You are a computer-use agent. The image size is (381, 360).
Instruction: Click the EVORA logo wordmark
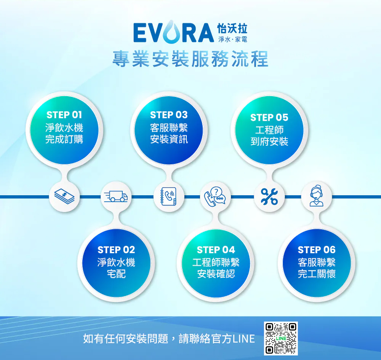pyautogui.click(x=173, y=33)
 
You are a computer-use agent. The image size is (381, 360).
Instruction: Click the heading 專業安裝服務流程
pyautogui.click(x=190, y=59)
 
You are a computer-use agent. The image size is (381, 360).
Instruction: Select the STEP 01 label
pyautogui.click(x=64, y=115)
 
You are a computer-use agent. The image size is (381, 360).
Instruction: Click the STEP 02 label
pyautogui.click(x=116, y=250)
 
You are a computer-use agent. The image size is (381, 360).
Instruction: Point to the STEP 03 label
pyautogui.click(x=169, y=115)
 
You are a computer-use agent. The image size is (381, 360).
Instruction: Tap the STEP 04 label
pyautogui.click(x=216, y=250)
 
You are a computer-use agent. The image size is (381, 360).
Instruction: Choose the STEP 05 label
pyautogui.click(x=269, y=117)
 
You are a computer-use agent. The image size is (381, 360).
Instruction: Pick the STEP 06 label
pyautogui.click(x=317, y=250)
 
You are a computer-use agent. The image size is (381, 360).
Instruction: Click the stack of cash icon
pyautogui.click(x=64, y=197)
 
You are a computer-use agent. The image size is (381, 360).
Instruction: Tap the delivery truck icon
pyautogui.click(x=116, y=197)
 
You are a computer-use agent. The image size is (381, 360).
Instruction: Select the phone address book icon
pyautogui.click(x=169, y=197)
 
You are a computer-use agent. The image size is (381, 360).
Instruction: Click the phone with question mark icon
pyautogui.click(x=215, y=197)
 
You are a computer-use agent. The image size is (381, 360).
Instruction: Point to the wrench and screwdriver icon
pyautogui.click(x=269, y=197)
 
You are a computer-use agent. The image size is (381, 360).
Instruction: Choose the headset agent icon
pyautogui.click(x=316, y=197)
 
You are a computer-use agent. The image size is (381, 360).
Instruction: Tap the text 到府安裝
pyautogui.click(x=269, y=142)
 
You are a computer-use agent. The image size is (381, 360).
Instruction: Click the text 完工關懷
pyautogui.click(x=317, y=274)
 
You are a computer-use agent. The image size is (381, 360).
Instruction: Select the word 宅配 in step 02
pyautogui.click(x=116, y=274)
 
